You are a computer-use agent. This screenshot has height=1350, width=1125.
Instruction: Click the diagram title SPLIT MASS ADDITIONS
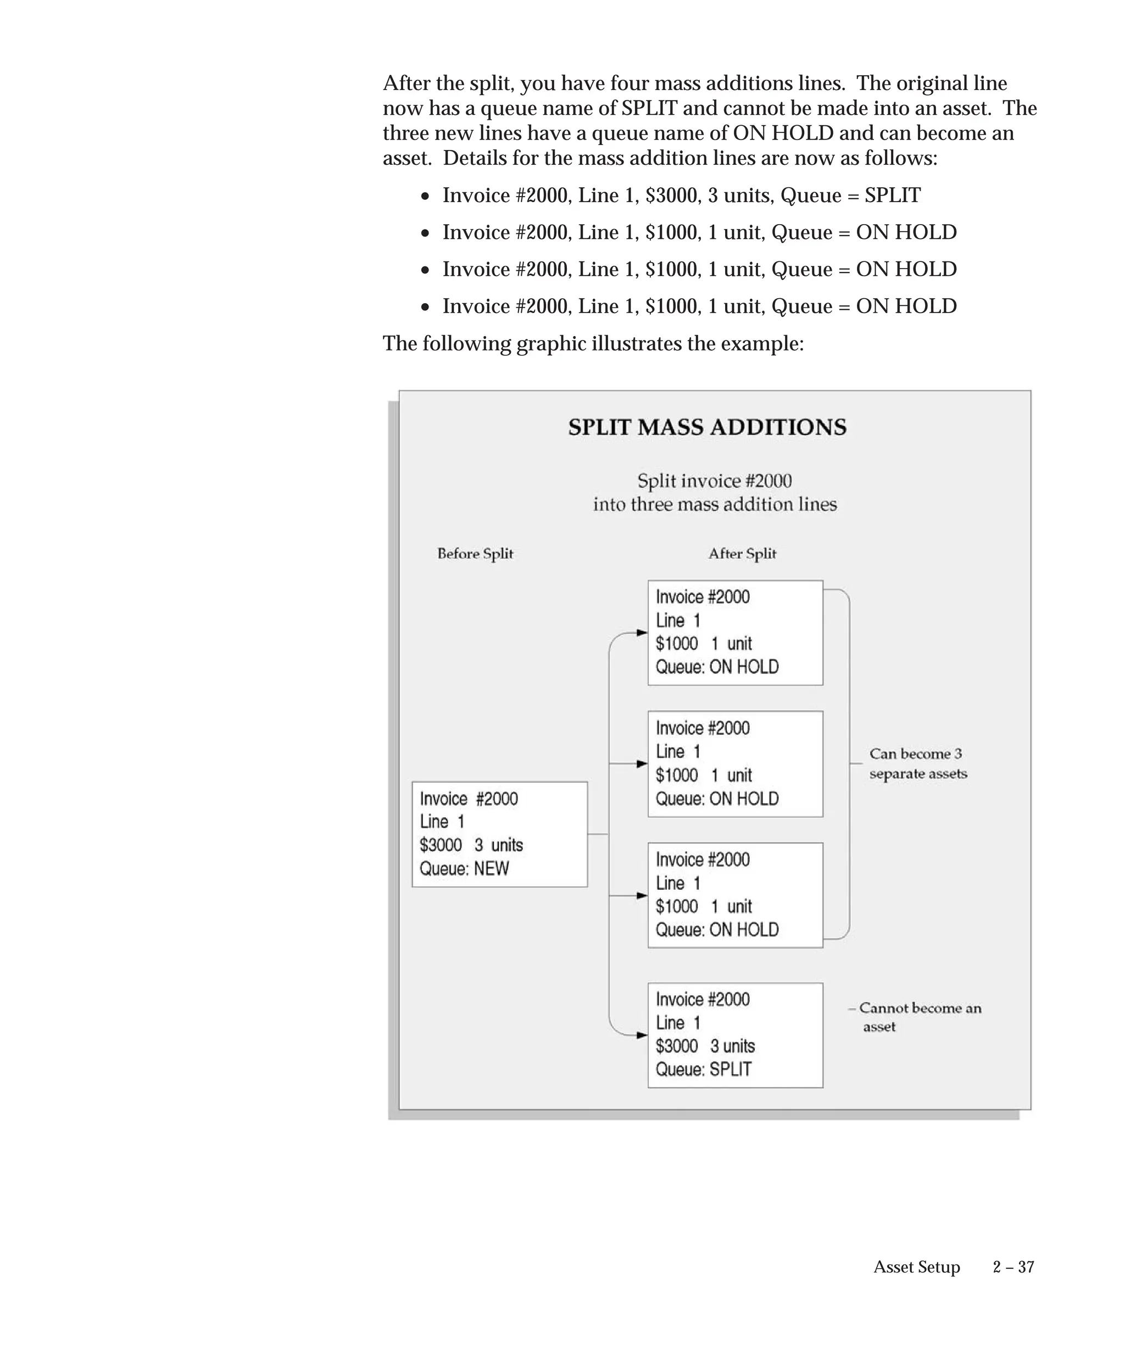(707, 427)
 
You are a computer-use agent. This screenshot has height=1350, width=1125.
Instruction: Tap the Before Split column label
(475, 554)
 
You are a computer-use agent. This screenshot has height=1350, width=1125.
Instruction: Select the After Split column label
(742, 554)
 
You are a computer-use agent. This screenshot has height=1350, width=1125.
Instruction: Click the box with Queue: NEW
(499, 834)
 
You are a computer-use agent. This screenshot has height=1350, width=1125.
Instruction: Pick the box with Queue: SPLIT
(735, 1035)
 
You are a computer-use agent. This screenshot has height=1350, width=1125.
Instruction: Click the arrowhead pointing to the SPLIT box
(642, 1035)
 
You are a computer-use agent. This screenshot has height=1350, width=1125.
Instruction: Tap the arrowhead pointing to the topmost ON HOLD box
(642, 633)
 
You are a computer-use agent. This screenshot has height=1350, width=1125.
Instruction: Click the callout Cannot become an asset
(920, 1017)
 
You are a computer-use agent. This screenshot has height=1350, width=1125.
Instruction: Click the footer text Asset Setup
(916, 1267)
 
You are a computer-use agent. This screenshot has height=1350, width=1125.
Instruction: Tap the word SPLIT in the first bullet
(892, 196)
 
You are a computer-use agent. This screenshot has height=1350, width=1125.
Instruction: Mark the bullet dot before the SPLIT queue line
(425, 197)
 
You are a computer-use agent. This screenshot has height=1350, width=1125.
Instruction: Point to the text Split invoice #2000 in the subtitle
(714, 481)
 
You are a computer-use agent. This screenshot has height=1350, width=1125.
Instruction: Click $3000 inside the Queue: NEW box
(441, 845)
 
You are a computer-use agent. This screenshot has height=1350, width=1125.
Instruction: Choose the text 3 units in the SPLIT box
(732, 1046)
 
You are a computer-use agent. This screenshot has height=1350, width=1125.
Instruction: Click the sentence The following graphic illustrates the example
(593, 344)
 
